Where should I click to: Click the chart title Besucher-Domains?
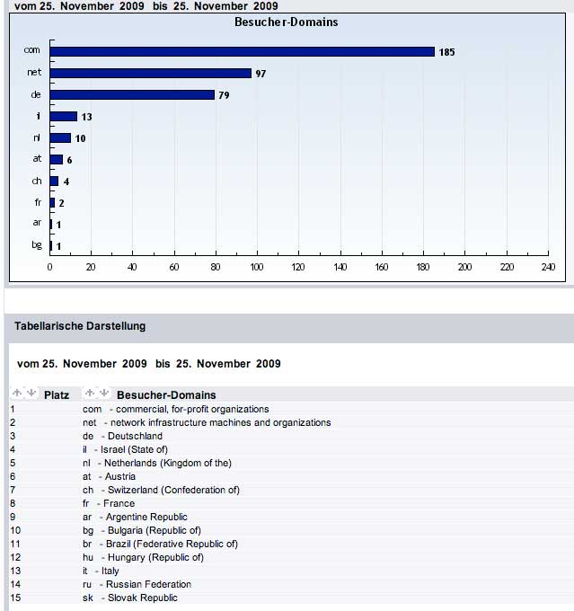point(286,22)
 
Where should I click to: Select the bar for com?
point(243,51)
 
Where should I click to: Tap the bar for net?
point(151,73)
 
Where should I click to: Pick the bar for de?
point(133,94)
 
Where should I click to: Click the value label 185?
point(446,52)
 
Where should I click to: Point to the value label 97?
point(261,74)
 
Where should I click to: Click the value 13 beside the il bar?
point(87,117)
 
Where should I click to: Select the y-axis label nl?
point(37,137)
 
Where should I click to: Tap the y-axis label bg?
point(37,245)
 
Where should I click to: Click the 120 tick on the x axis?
point(299,267)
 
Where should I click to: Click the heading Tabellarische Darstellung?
point(80,326)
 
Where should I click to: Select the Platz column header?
point(57,394)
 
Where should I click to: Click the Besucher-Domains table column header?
point(166,394)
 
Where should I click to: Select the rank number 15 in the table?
point(14,598)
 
